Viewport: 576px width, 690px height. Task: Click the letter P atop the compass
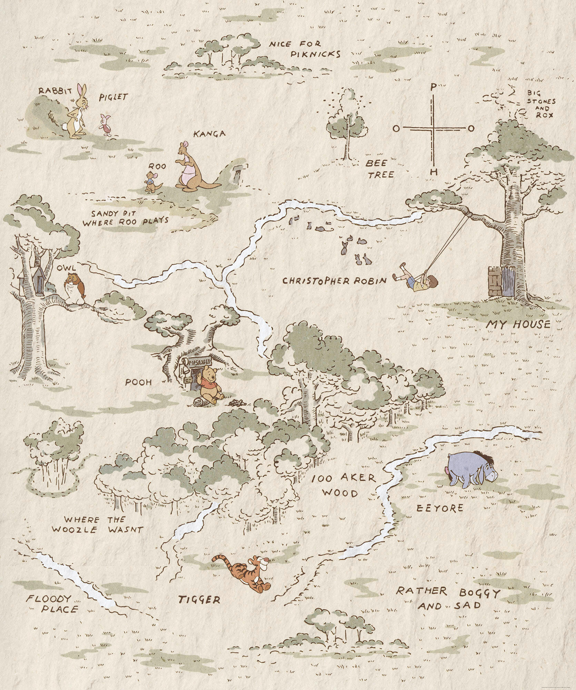click(434, 87)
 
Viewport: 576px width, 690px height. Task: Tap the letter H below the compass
click(434, 171)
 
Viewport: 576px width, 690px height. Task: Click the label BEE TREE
click(380, 169)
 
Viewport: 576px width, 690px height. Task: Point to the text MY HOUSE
click(518, 324)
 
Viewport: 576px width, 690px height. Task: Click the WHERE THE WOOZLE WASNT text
click(97, 525)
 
